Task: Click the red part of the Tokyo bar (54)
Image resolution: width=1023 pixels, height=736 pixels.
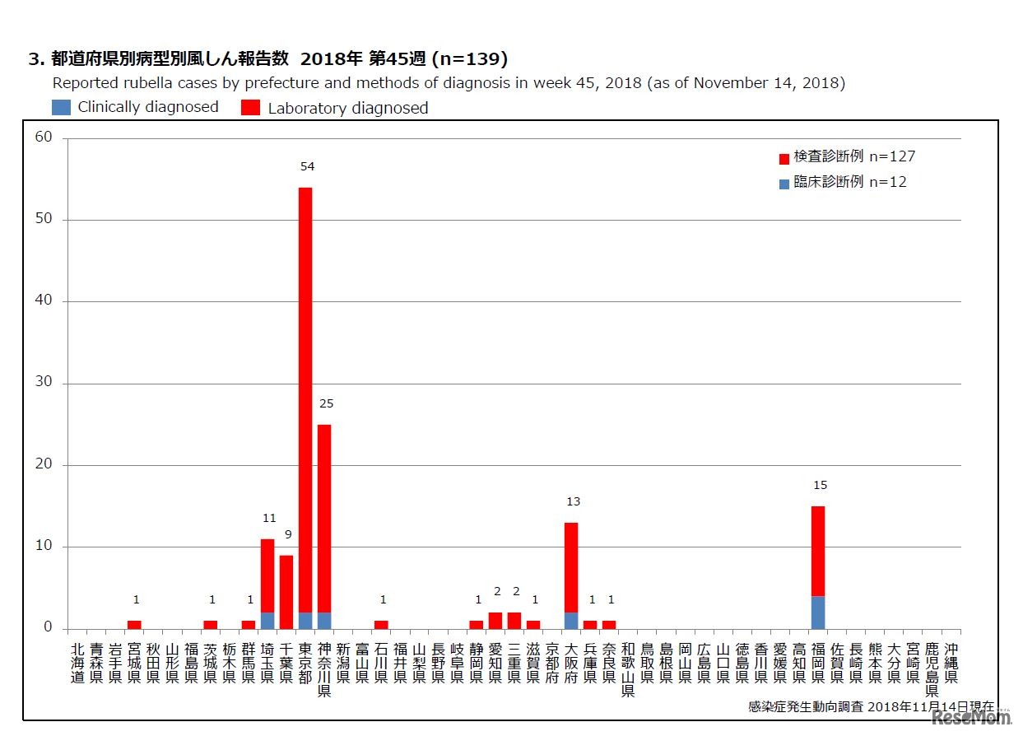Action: click(x=305, y=395)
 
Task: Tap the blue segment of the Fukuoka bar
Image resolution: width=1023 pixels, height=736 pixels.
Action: click(x=817, y=613)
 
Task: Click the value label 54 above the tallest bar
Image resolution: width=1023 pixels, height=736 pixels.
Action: click(x=307, y=167)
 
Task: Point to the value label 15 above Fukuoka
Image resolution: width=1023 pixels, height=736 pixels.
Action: click(x=819, y=486)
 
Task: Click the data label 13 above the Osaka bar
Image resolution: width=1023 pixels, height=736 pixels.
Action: click(x=574, y=502)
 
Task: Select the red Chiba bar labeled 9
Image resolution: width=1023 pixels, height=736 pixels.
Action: click(x=286, y=591)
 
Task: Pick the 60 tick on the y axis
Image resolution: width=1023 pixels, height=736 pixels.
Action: click(x=44, y=137)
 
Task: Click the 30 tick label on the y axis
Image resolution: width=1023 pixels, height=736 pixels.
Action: click(x=44, y=383)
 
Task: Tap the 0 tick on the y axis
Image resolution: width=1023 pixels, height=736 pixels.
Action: click(x=48, y=627)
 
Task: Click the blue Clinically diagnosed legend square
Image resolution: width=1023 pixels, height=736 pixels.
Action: click(x=62, y=107)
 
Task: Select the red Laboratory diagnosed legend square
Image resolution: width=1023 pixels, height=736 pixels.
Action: click(x=250, y=108)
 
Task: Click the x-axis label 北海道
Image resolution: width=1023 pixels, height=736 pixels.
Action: click(x=77, y=663)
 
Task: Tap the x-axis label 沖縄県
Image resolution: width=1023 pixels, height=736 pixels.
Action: click(x=951, y=663)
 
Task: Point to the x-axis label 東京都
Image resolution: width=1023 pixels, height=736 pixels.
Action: click(x=305, y=663)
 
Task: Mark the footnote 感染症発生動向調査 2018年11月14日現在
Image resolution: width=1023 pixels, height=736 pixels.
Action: click(x=871, y=707)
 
